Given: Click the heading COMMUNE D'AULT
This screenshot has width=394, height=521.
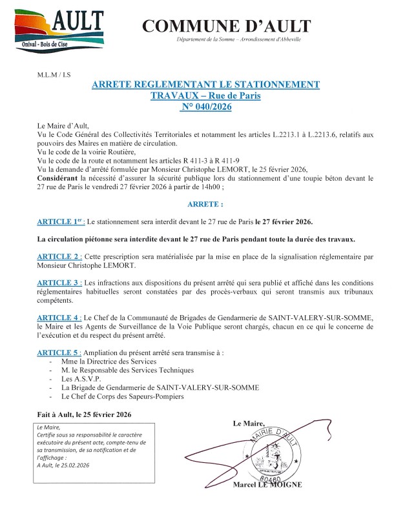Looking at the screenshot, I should pyautogui.click(x=226, y=26).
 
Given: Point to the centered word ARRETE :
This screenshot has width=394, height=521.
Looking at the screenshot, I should pyautogui.click(x=196, y=203).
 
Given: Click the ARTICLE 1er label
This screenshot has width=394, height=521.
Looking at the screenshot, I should pyautogui.click(x=60, y=222).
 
